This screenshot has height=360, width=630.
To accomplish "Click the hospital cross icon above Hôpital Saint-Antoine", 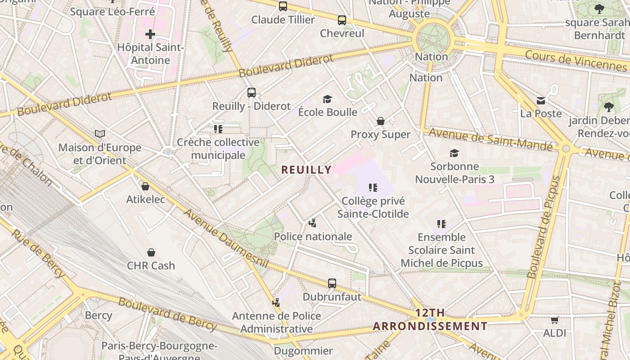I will [150, 34].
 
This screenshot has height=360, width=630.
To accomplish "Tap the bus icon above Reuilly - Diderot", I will [252, 93].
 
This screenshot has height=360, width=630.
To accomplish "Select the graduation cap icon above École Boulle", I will [327, 99].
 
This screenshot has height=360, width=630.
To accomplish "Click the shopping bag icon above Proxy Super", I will [381, 121].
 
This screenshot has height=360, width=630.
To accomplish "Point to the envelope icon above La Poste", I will [541, 100].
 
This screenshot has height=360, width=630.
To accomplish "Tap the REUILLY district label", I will [306, 170].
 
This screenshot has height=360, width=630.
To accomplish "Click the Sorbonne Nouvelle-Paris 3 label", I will [454, 173].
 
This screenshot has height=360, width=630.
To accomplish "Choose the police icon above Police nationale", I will [313, 223].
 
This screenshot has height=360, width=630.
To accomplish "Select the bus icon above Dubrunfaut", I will [332, 283].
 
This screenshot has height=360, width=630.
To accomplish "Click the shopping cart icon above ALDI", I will [554, 320].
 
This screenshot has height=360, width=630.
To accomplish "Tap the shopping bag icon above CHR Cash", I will [151, 252].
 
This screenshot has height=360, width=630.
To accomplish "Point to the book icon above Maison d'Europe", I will [100, 134].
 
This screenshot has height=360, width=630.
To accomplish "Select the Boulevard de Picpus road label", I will [545, 227].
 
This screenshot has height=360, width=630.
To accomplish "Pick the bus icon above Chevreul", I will [342, 20].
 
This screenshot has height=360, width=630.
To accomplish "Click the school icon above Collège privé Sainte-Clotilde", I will [373, 188].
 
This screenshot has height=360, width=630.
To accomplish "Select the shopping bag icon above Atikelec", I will [145, 186].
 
